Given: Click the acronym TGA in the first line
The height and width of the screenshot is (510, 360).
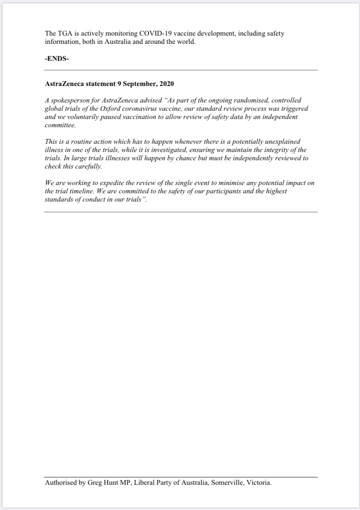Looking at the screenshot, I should tap(64, 33).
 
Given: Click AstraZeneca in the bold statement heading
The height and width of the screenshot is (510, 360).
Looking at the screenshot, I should tap(63, 84).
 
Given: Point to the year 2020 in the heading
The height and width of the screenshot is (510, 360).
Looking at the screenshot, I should tap(167, 84).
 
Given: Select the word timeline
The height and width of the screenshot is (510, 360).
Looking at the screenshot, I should tap(74, 192).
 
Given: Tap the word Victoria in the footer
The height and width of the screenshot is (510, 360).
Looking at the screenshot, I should tap(259, 483).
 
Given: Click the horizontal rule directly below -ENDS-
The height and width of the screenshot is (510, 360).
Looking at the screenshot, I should tap(180, 70).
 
